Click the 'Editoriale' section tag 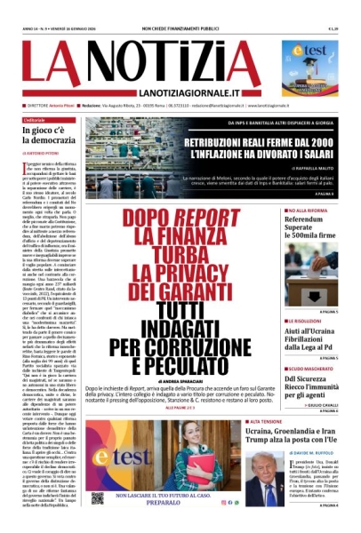pyautogui.click(x=36, y=119)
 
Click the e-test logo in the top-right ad pyautogui.click(x=317, y=52)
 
